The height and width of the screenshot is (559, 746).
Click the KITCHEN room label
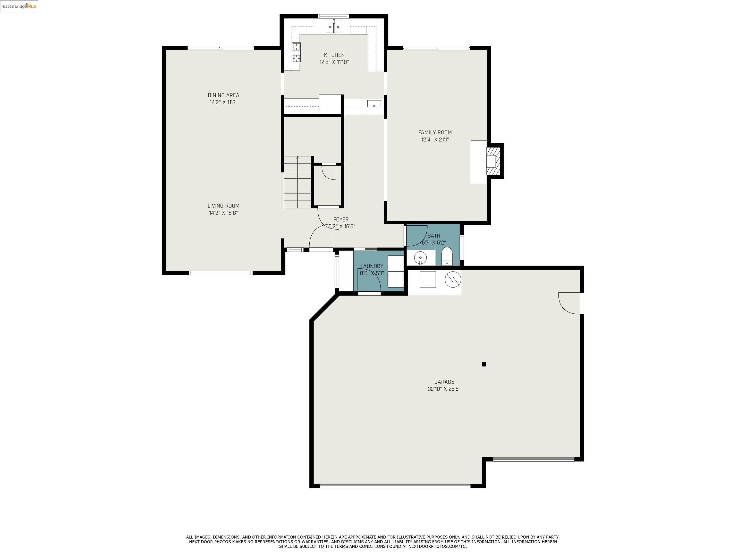[334, 55]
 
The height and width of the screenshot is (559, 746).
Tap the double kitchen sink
[334, 27]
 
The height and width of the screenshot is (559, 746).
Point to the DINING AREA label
[223, 95]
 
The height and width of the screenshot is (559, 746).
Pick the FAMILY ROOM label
[435, 133]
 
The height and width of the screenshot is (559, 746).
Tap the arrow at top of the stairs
[297, 158]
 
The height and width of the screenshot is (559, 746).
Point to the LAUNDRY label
[372, 266]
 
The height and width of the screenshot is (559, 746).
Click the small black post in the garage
[484, 364]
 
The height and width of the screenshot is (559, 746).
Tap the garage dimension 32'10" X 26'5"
[444, 389]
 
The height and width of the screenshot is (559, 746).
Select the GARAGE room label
[444, 382]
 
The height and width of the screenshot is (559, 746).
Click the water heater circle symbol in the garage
[453, 279]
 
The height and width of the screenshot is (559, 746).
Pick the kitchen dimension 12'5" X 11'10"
[334, 62]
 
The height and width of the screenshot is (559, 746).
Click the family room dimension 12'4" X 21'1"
[435, 140]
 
